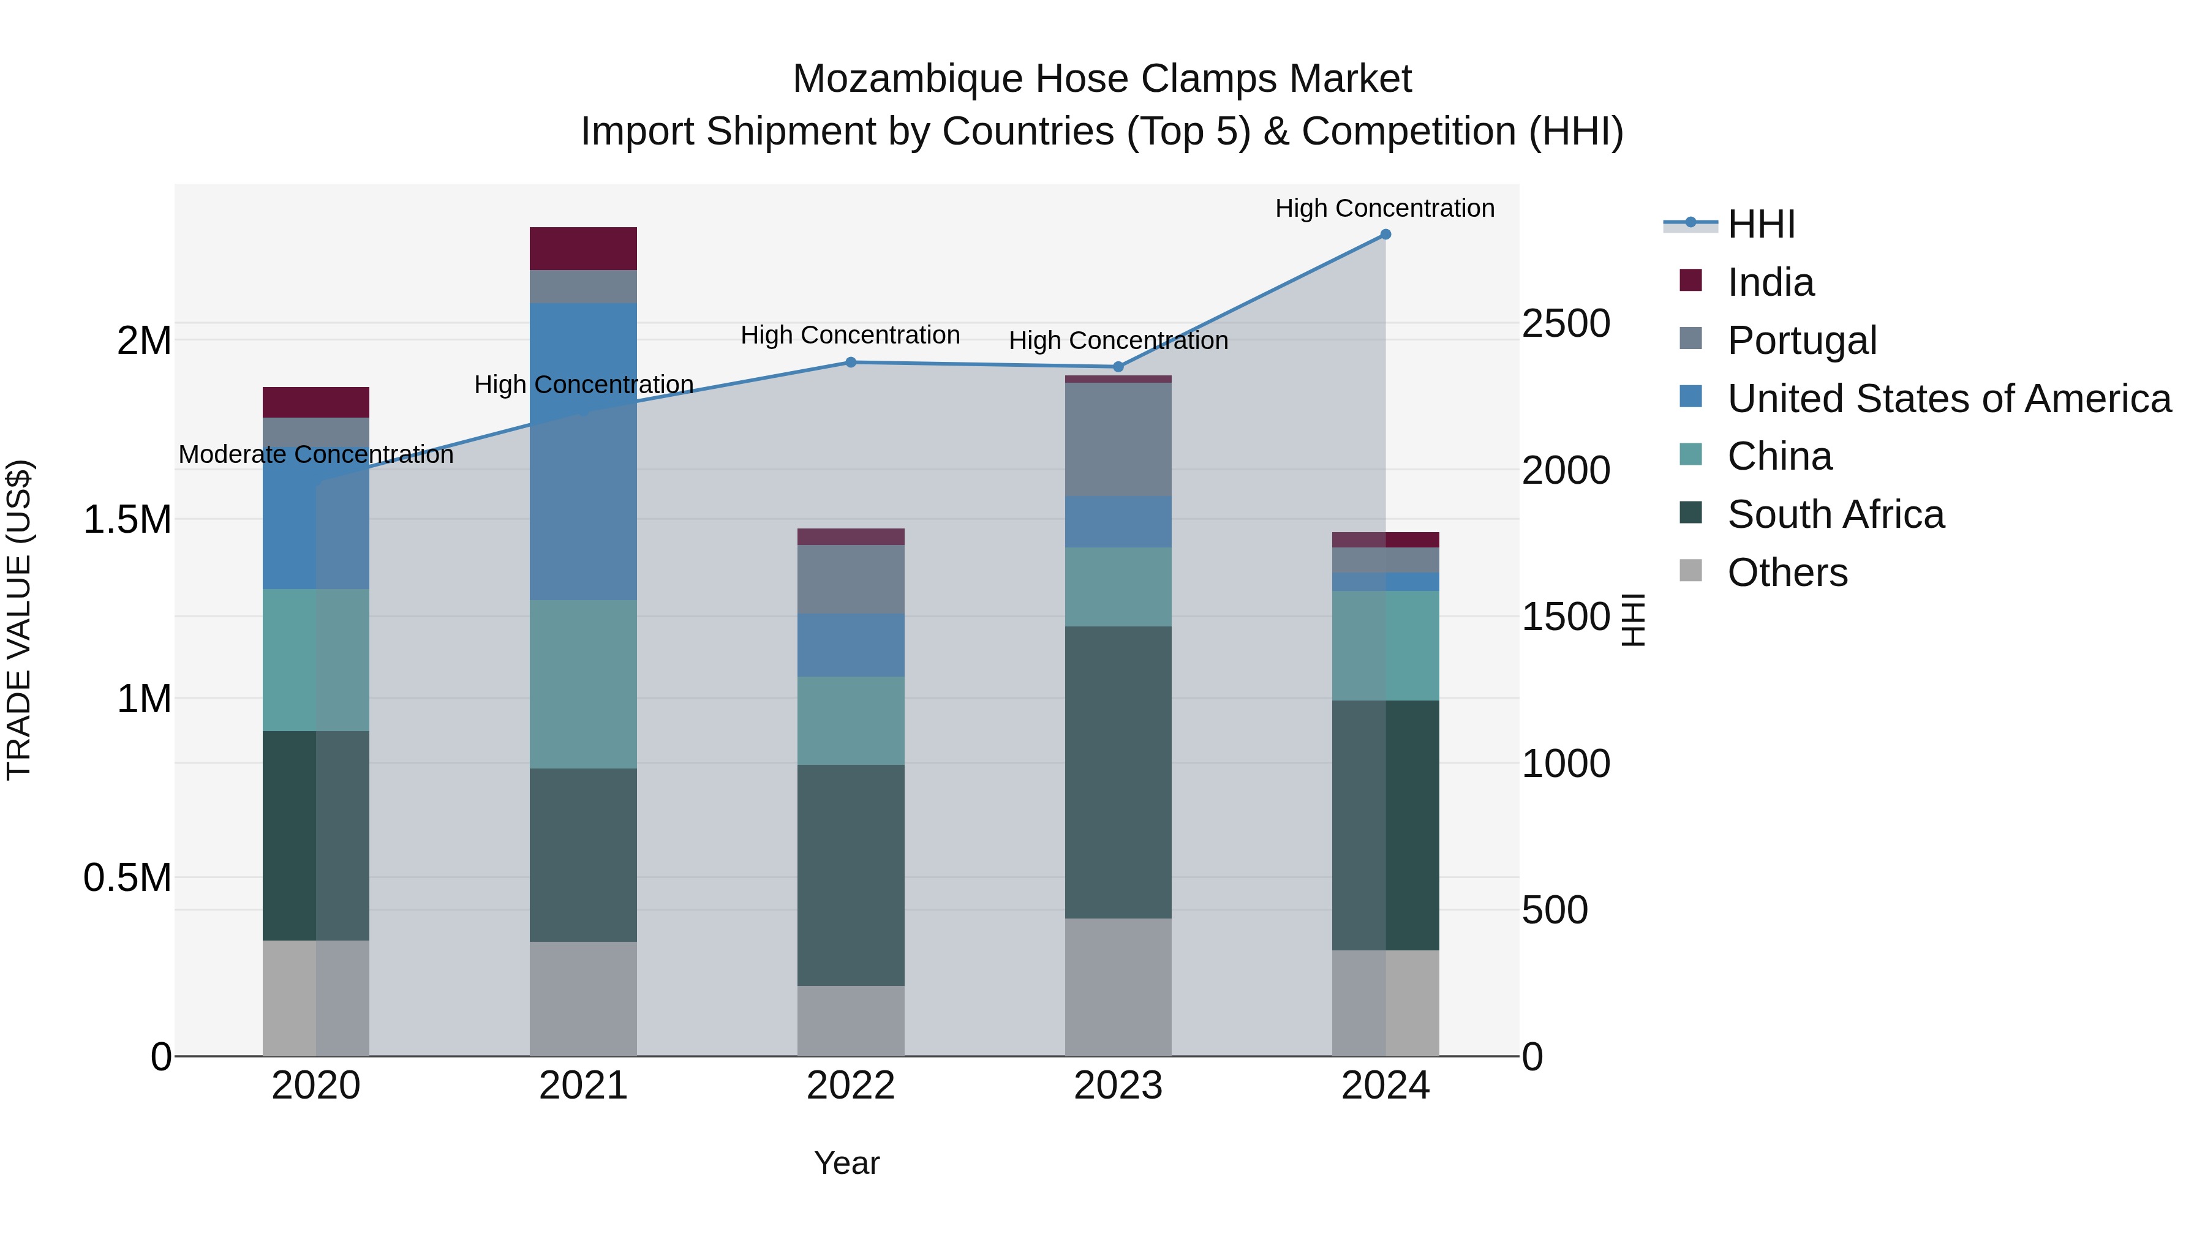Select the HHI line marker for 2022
(851, 362)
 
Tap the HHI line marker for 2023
(1118, 367)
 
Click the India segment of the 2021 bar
(583, 248)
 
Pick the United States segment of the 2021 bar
(583, 451)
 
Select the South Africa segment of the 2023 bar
(1118, 772)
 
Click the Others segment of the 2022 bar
(851, 1020)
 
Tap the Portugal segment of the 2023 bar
(1118, 439)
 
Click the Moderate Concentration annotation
(316, 454)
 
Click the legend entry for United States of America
(1948, 399)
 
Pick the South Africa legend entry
(1835, 514)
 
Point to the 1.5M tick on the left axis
(127, 519)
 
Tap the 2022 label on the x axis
(851, 1086)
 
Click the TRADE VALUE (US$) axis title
(19, 620)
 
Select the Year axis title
(846, 1163)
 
